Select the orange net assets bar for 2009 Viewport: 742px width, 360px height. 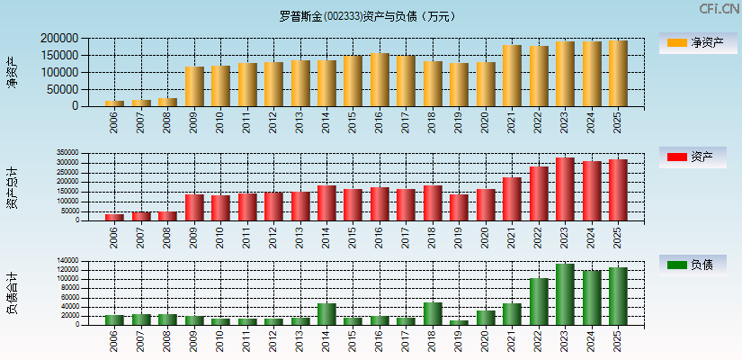194,86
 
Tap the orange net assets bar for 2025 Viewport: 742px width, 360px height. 618,74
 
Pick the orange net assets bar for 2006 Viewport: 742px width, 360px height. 114,103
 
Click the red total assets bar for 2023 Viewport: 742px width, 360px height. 565,189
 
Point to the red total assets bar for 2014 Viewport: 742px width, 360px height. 326,202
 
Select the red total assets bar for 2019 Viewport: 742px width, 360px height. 459,207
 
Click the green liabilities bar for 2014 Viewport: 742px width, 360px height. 326,314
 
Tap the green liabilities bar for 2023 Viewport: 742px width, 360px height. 565,294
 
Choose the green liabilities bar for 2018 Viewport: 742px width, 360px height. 433,313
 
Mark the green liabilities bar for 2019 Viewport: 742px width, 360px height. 459,322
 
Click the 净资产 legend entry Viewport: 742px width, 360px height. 693,43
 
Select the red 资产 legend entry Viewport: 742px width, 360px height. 693,157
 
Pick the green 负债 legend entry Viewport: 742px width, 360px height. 693,265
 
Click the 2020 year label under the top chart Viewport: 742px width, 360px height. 486,122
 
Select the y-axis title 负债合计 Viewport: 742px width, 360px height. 13,292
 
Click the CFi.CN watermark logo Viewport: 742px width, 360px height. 720,9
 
